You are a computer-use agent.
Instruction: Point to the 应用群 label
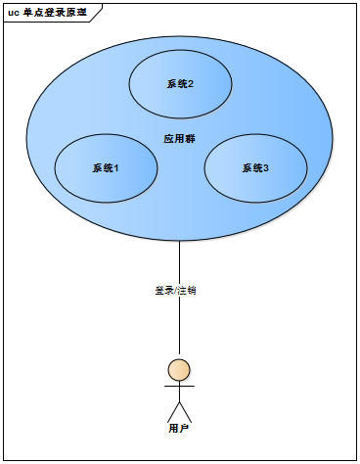[179, 139]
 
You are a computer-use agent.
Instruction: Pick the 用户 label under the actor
[178, 428]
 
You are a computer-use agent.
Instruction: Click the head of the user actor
[179, 369]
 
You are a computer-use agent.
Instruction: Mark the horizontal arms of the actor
[179, 386]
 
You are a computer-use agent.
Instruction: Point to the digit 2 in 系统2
[190, 84]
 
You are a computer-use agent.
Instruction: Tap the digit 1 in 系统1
[115, 168]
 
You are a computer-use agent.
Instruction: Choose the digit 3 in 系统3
[266, 168]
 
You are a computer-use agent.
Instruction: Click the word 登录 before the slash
[162, 291]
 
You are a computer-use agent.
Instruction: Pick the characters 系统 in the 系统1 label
[102, 168]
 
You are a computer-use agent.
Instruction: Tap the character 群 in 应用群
[190, 139]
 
